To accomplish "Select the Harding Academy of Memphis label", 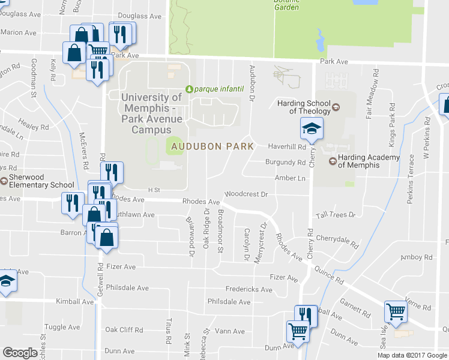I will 369,161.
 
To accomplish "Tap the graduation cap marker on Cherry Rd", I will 312,127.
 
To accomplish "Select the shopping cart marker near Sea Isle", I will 396,311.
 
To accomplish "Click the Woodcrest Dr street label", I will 246,194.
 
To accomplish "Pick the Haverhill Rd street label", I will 287,146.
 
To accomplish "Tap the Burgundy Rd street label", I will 286,163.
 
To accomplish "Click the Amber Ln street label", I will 291,178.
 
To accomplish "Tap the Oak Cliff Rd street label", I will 124,330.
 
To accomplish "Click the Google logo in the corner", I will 20,353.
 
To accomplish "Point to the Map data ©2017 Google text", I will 412,355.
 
